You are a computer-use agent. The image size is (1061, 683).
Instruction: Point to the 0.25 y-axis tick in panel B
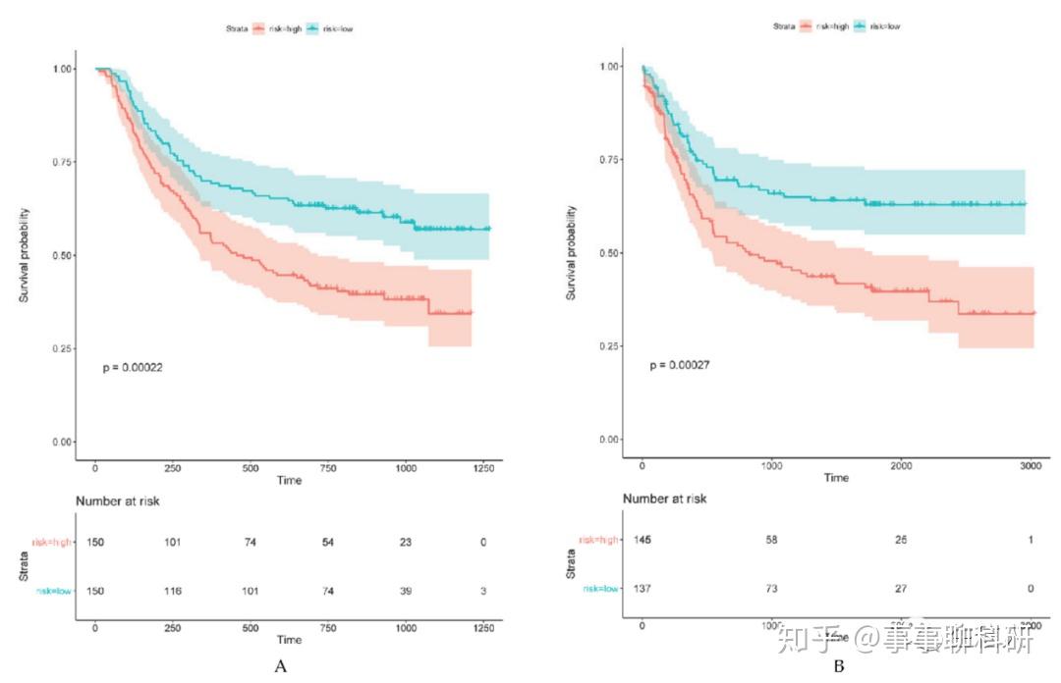(609, 346)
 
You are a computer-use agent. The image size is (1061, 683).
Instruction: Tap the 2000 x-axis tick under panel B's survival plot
(901, 464)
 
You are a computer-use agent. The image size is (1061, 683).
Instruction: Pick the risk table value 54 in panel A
(329, 542)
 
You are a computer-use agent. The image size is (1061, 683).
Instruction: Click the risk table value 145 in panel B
(642, 540)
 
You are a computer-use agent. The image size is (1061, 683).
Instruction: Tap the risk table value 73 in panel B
(771, 587)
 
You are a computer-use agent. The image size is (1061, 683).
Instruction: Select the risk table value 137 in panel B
(642, 587)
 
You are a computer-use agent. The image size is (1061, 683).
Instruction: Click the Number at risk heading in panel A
(118, 501)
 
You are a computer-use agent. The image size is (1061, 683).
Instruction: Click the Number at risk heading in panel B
(665, 499)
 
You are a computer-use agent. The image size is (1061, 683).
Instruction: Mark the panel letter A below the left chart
(281, 667)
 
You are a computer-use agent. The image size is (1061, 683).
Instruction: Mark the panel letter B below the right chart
(838, 667)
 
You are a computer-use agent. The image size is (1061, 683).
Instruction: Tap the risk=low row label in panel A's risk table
(53, 590)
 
